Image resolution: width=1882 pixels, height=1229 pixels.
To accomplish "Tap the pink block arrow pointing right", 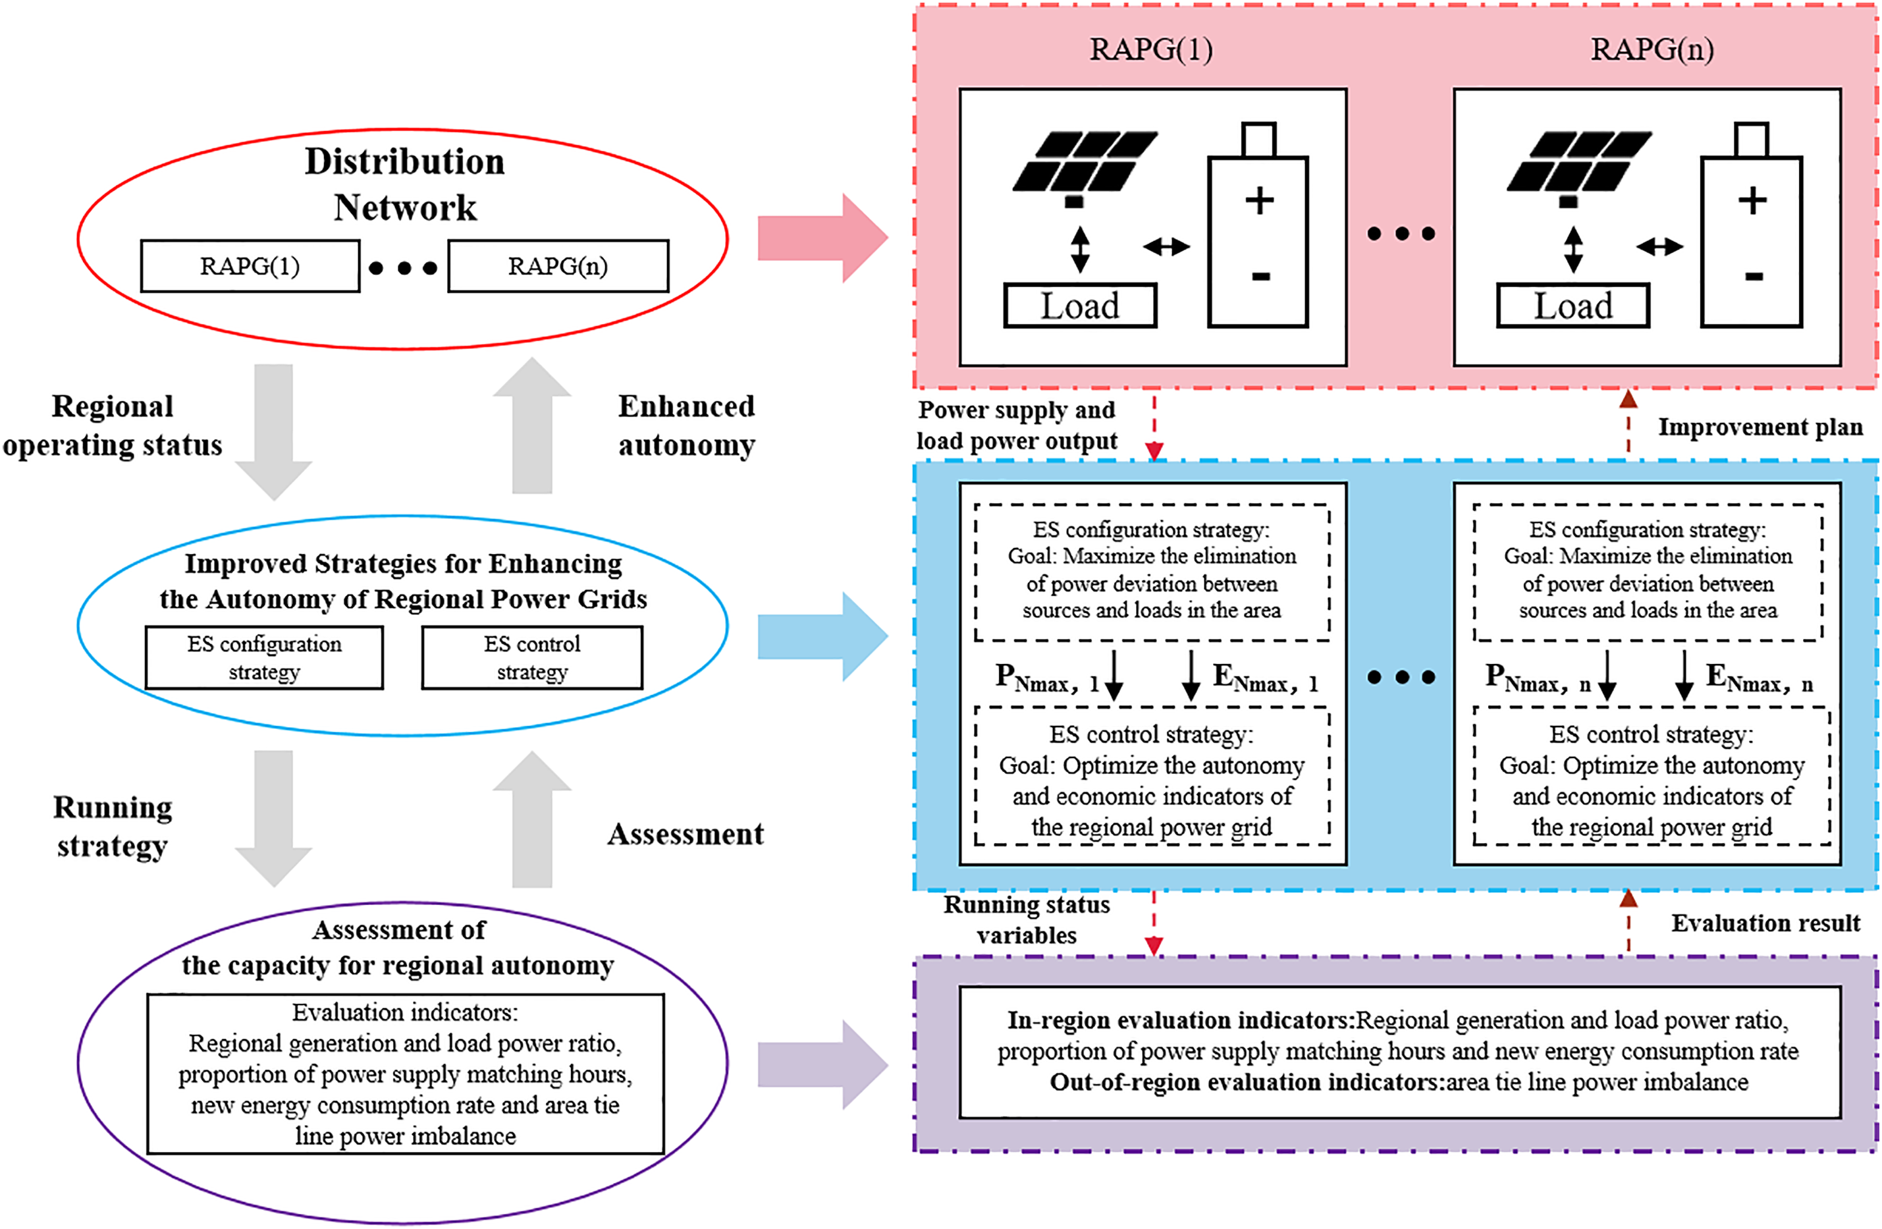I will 822,237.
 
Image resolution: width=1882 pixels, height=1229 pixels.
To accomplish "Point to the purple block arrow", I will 822,1064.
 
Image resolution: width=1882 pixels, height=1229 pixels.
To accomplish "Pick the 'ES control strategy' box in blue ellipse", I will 532,657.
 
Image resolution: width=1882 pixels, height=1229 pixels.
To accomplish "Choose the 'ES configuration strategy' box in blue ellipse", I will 264,657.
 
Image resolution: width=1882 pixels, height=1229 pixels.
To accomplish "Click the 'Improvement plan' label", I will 1760,427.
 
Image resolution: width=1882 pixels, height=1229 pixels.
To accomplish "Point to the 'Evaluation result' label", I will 1765,923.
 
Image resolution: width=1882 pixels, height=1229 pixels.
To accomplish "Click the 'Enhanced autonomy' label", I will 686,425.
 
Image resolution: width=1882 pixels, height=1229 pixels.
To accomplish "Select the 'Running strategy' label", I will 113,827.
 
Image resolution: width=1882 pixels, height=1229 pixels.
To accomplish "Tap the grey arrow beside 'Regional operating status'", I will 273,431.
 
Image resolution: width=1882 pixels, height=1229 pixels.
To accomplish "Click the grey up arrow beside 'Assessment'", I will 532,819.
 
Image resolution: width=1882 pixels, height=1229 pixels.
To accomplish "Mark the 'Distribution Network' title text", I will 405,184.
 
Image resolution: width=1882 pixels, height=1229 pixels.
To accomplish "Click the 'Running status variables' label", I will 1027,919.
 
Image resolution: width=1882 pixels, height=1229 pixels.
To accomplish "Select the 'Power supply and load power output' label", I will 1017,425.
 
